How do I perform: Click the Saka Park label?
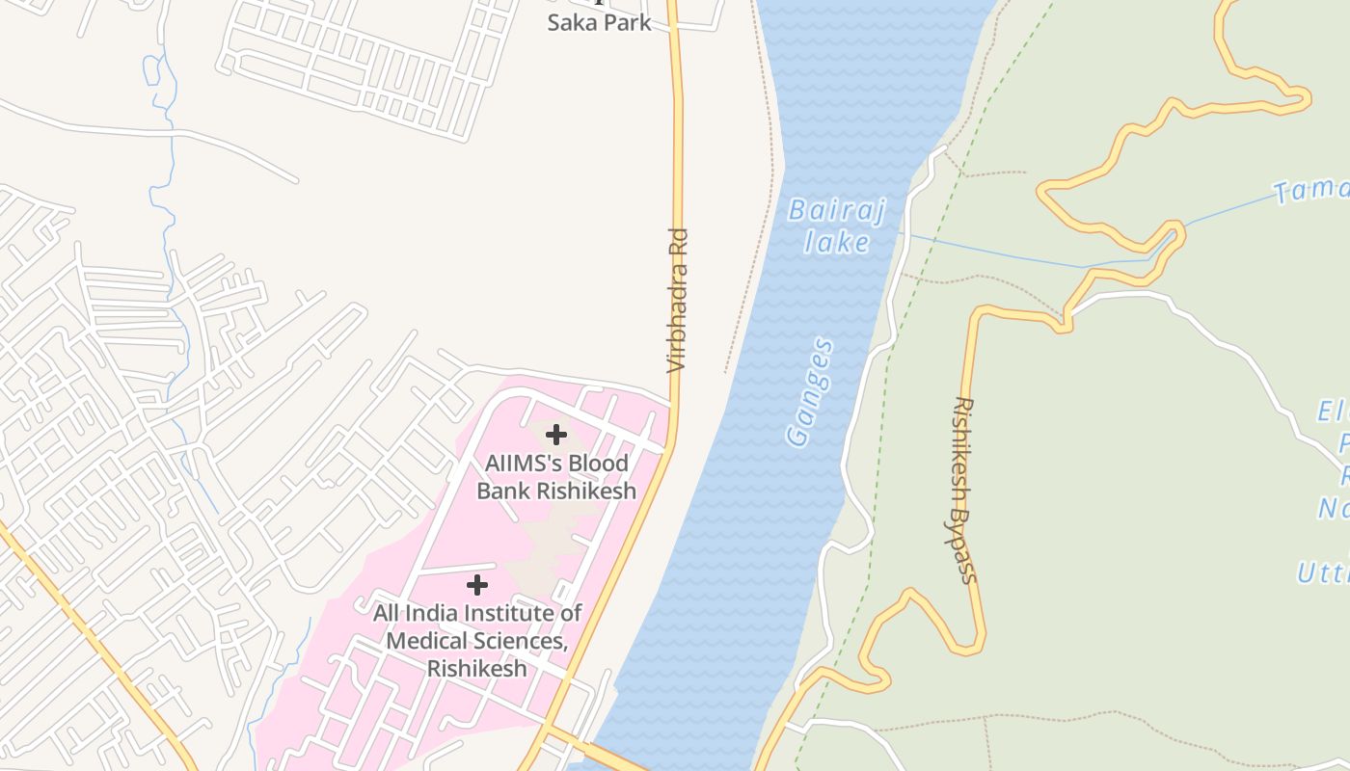click(x=599, y=22)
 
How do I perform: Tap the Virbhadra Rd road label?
click(x=678, y=301)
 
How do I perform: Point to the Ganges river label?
click(x=810, y=392)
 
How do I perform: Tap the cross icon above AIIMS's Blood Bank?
click(x=556, y=435)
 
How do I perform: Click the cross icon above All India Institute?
click(x=476, y=585)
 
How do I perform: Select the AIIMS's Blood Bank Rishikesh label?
click(x=556, y=476)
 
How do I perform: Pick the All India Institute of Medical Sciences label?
click(x=477, y=640)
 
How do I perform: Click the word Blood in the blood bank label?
click(x=598, y=463)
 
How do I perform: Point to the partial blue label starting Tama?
click(x=1311, y=190)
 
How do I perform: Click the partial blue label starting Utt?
click(x=1322, y=573)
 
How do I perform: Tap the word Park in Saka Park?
click(x=627, y=22)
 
